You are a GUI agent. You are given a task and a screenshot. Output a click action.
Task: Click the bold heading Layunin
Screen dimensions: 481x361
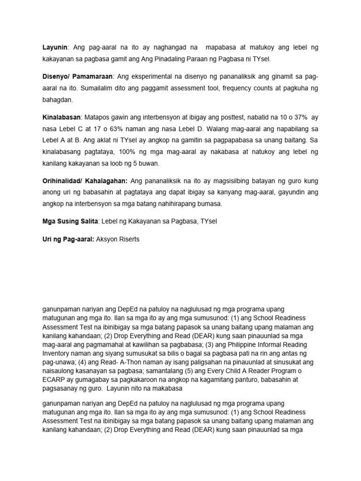(x=55, y=47)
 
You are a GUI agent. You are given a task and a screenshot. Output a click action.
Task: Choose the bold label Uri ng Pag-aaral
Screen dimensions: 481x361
(x=68, y=240)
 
